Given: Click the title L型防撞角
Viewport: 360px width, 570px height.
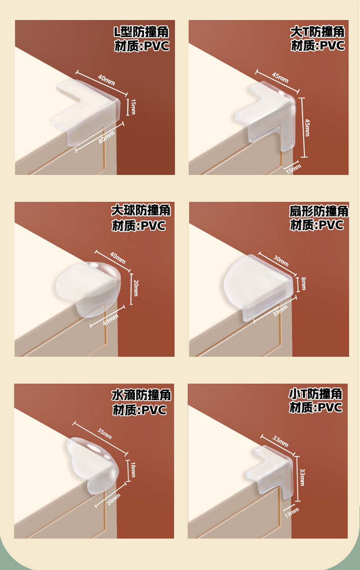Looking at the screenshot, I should pos(141,32).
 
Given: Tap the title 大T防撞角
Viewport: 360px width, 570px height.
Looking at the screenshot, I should pos(317,32).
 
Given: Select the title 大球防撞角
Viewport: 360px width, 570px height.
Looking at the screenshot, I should pos(141,211).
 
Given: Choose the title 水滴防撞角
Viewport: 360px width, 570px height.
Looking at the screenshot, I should pos(141,395).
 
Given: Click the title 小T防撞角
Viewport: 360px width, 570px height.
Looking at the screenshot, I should pos(315,393).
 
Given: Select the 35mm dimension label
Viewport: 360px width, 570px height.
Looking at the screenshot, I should pos(104,433).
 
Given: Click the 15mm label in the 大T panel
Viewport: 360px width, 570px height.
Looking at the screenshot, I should pos(293,168).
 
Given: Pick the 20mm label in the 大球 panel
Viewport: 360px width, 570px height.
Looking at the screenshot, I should pos(135,288).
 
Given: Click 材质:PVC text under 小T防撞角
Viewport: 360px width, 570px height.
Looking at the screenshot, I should pos(315,407).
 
